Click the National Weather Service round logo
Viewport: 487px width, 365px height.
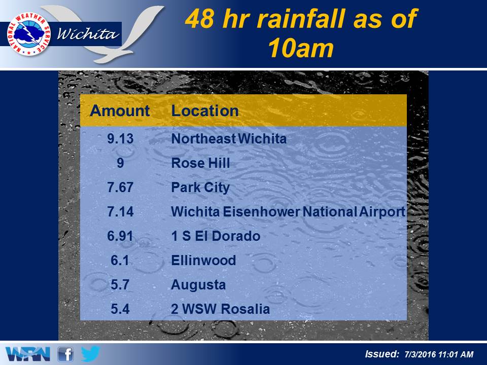point(29,34)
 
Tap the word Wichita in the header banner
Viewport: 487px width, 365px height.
point(88,33)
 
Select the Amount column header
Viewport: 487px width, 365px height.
point(120,111)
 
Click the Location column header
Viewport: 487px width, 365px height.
point(205,111)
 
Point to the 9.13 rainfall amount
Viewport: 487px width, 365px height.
point(120,138)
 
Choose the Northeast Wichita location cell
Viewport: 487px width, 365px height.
point(229,138)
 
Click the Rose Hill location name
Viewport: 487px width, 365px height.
point(201,163)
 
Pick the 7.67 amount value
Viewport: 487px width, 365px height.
point(120,187)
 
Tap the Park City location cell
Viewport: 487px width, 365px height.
point(200,188)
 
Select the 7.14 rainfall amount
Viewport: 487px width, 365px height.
point(120,212)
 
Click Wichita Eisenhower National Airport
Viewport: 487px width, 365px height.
point(288,212)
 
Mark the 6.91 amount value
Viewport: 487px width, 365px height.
point(120,236)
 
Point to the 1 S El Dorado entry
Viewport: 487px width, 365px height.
point(216,236)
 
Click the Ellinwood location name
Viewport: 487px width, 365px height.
point(203,261)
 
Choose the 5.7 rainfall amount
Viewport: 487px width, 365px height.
point(120,284)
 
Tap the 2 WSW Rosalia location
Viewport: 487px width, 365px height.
point(221,309)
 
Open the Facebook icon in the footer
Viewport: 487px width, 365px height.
point(65,354)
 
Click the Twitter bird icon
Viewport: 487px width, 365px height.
point(90,354)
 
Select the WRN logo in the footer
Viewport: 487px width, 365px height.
point(28,354)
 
